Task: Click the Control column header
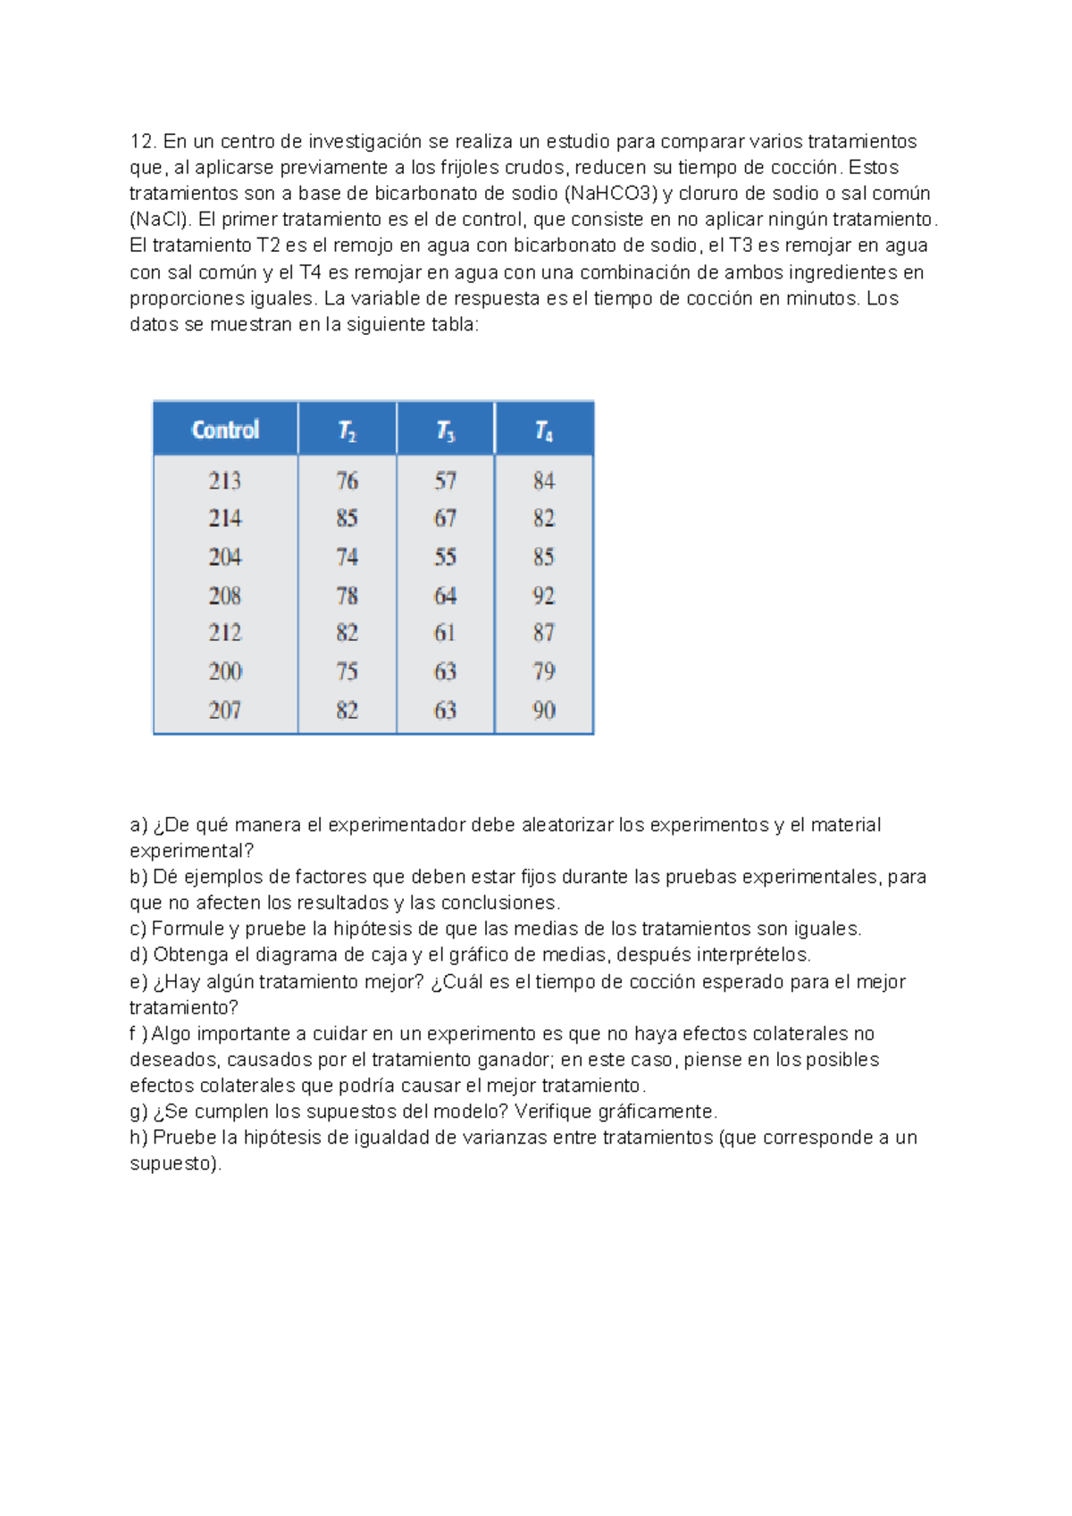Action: tap(225, 430)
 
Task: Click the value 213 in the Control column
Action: tap(225, 481)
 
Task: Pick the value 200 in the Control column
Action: tap(225, 671)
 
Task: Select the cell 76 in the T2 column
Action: tap(348, 481)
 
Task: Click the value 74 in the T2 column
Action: tap(348, 557)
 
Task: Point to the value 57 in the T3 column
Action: tap(446, 481)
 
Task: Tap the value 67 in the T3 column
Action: tap(446, 519)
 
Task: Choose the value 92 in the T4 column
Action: tap(544, 596)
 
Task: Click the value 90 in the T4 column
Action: tap(544, 711)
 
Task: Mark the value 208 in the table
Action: tap(225, 596)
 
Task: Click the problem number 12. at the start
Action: tap(144, 142)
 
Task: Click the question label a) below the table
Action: tap(138, 825)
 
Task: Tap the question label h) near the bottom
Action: tap(138, 1137)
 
